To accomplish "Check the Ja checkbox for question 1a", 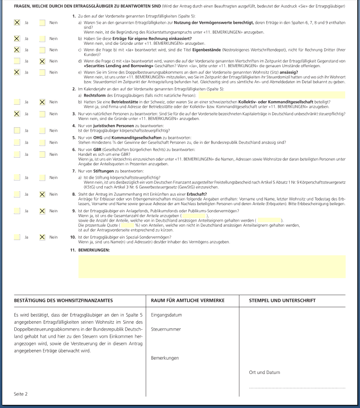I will pyautogui.click(x=17, y=22).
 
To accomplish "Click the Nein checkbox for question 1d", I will pyautogui.click(x=42, y=61).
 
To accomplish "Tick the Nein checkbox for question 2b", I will pyautogui.click(x=42, y=102).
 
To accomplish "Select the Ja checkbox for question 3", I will pyautogui.click(x=17, y=114).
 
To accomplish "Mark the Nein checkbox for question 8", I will pyautogui.click(x=42, y=194).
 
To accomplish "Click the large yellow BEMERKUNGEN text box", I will pyautogui.click(x=212, y=267).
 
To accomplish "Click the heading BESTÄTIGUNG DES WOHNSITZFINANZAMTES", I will pyautogui.click(x=64, y=300).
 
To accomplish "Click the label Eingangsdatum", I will pyautogui.click(x=167, y=314).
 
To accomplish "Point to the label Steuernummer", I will pyautogui.click(x=166, y=329).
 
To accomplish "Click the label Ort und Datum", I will pyautogui.click(x=265, y=372).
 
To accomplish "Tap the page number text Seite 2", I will pyautogui.click(x=21, y=394).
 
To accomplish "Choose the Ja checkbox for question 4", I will pyautogui.click(x=17, y=130).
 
